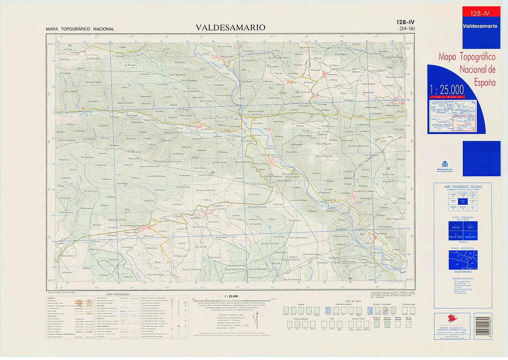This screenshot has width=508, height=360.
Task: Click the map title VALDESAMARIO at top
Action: point(230,28)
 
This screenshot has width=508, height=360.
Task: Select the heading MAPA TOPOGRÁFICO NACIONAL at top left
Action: point(80,29)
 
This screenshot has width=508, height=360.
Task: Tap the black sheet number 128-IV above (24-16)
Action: point(405,22)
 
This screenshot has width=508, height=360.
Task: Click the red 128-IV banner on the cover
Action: point(481,13)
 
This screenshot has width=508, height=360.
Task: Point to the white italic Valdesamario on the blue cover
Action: point(481,26)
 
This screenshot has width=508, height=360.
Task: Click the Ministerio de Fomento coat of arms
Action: point(444,164)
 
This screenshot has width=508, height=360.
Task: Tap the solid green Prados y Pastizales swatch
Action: point(388,324)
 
